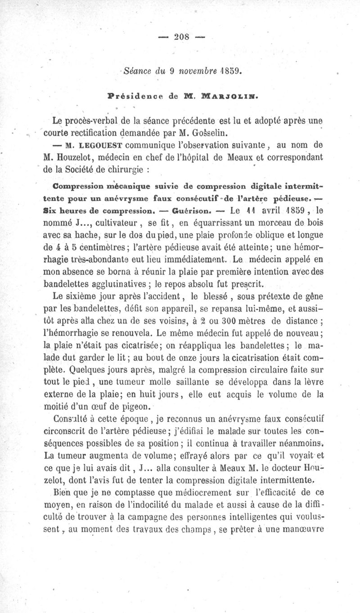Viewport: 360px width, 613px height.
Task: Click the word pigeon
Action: [129, 407]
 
